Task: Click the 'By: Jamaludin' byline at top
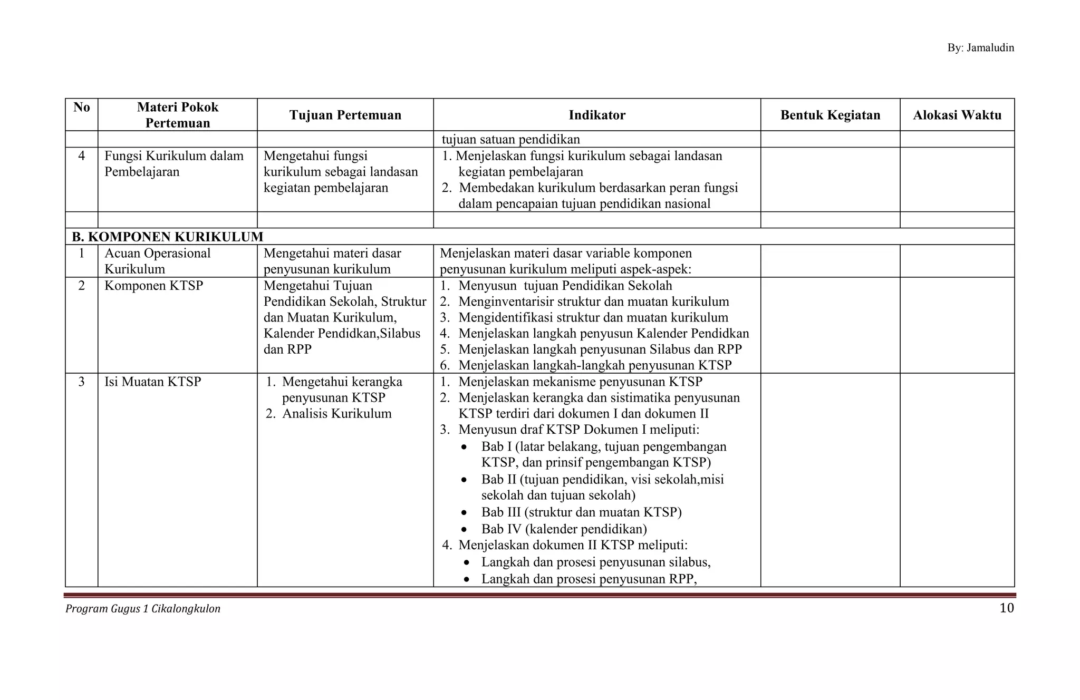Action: click(980, 48)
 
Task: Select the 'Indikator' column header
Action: click(597, 115)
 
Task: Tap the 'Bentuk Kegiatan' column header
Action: click(830, 115)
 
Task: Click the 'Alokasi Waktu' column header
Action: click(957, 115)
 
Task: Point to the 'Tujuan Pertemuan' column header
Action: click(345, 115)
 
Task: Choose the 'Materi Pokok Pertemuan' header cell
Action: click(178, 115)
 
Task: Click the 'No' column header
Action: click(82, 108)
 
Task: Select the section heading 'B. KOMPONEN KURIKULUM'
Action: click(168, 237)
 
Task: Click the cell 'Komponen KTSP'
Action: click(153, 286)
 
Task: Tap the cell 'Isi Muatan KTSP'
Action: click(152, 382)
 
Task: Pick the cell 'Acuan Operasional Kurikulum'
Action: click(157, 261)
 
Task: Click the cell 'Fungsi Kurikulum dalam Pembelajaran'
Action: click(173, 164)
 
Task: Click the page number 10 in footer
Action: click(1006, 608)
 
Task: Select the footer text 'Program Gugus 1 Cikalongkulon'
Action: click(143, 609)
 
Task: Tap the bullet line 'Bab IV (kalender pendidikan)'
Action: click(564, 529)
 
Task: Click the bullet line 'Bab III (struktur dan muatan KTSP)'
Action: click(581, 512)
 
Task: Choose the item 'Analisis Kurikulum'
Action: click(336, 414)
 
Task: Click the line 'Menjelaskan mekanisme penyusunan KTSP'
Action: click(580, 382)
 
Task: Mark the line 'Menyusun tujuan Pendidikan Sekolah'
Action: click(565, 286)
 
